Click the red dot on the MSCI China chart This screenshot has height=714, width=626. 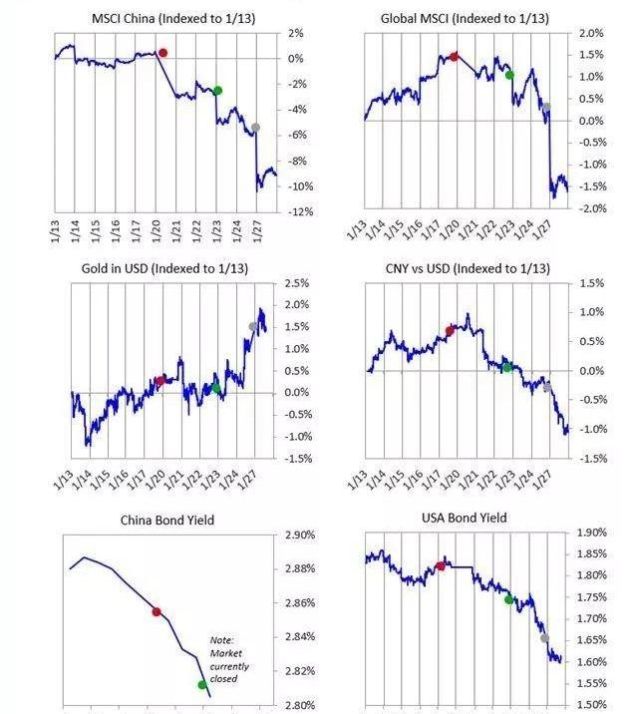tap(163, 52)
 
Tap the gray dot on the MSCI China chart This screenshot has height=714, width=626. tap(255, 128)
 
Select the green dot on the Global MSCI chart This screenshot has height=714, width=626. tap(510, 75)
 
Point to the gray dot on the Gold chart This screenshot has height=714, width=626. tap(253, 326)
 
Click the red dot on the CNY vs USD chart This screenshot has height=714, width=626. tap(450, 331)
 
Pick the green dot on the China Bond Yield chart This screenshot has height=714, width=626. tap(202, 684)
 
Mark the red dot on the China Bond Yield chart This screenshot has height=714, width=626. tap(156, 611)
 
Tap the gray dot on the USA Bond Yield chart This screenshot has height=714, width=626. tap(544, 638)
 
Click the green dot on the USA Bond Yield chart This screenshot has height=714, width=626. tap(508, 599)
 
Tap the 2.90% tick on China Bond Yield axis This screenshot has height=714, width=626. tap(299, 535)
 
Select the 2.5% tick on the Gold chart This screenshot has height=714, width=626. tap(298, 283)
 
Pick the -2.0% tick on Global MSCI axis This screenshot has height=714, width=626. tap(592, 208)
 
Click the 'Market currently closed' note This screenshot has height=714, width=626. tap(225, 658)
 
